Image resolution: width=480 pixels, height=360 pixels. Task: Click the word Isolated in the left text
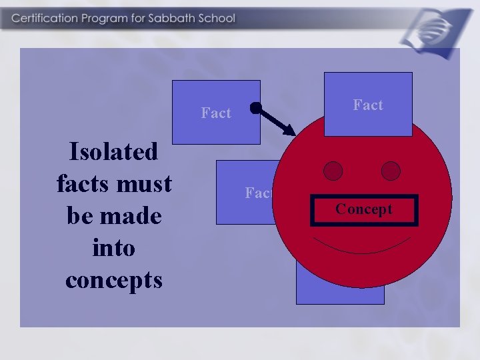[114, 152]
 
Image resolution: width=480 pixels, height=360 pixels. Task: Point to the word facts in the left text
[85, 183]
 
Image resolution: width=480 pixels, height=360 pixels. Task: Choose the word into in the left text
[114, 247]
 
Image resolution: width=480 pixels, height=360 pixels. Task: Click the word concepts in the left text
[114, 279]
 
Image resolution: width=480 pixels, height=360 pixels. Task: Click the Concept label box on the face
[364, 210]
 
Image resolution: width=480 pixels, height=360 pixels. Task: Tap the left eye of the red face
[333, 171]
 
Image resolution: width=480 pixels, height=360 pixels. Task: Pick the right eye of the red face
[391, 171]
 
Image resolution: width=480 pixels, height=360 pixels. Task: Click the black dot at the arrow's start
[255, 107]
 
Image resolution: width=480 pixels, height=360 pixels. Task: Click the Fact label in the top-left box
[216, 113]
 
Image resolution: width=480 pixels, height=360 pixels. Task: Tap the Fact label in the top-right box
[368, 105]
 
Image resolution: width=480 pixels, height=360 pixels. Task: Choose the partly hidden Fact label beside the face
[258, 193]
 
